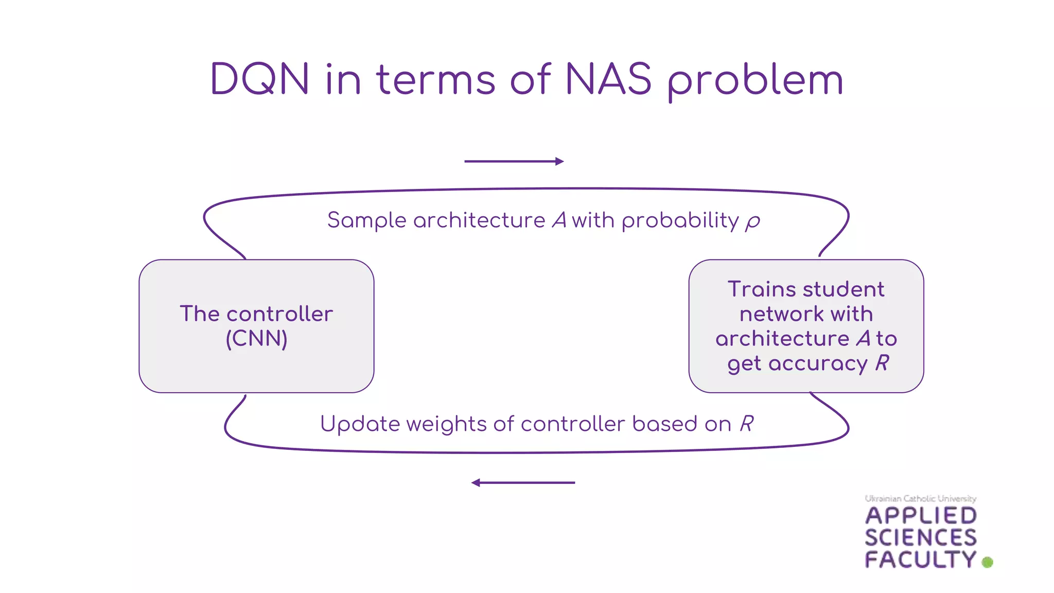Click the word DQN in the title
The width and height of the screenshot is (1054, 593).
click(260, 79)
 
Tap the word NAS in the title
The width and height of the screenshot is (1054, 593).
click(608, 79)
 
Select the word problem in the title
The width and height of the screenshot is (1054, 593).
click(756, 81)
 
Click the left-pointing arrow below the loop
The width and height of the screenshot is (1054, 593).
click(523, 483)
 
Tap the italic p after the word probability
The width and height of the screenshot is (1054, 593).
click(753, 222)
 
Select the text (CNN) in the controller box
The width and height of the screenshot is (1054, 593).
click(256, 339)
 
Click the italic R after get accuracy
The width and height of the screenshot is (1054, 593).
click(882, 363)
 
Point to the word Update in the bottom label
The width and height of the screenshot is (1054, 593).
click(360, 425)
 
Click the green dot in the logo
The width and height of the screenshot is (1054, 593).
click(987, 562)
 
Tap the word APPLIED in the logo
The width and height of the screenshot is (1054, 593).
click(920, 516)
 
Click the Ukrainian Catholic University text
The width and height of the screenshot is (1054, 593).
click(920, 498)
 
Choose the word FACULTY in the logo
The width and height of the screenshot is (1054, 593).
click(920, 560)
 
